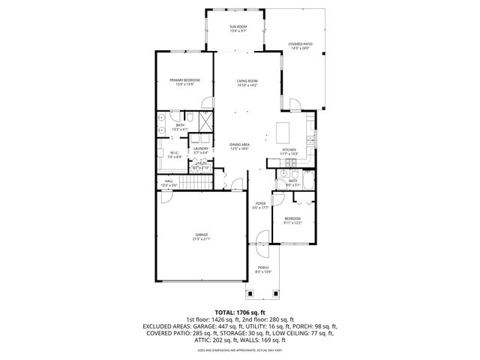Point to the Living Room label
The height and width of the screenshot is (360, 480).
[247, 82]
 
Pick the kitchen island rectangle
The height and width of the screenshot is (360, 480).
[283, 133]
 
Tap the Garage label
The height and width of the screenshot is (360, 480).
[201, 237]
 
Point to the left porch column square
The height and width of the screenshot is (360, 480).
[247, 292]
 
